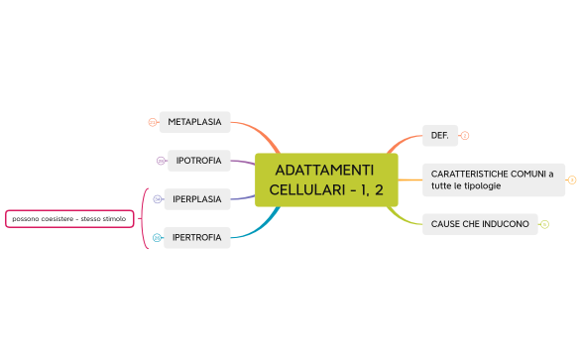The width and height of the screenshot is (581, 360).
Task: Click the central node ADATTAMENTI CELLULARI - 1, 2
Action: point(325,180)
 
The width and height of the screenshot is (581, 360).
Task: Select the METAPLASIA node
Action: point(194,122)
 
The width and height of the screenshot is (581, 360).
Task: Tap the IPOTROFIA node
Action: point(198,160)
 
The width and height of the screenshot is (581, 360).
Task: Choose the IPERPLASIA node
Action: point(196,198)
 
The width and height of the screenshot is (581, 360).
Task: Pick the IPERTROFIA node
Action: point(196,237)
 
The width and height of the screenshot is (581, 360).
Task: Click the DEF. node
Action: point(438,135)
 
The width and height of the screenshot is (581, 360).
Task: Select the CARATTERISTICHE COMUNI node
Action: point(493,180)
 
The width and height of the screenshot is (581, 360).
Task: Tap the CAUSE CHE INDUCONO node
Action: point(480,224)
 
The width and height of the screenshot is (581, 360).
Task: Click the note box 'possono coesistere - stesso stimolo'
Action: point(69,217)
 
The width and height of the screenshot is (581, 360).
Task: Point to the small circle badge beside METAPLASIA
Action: point(152,123)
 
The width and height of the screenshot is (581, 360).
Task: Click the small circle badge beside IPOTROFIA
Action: point(161,161)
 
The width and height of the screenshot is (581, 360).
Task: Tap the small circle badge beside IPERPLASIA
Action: point(158,199)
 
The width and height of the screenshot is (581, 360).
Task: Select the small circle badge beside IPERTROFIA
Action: point(158,238)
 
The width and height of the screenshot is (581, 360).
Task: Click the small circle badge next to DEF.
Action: point(465,135)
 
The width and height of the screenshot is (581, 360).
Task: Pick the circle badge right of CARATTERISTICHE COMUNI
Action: point(572,180)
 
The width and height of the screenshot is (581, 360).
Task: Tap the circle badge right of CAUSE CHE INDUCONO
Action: point(545,224)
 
